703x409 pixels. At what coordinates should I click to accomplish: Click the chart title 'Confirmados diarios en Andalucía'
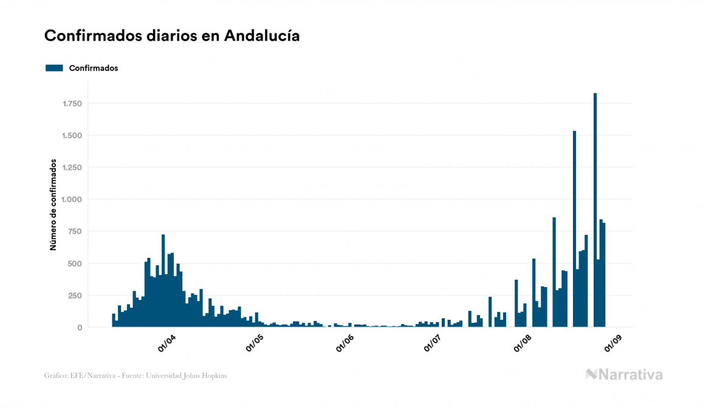[x=172, y=36]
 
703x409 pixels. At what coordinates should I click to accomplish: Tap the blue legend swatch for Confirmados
[x=54, y=68]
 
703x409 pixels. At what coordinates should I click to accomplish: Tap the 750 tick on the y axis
[x=74, y=231]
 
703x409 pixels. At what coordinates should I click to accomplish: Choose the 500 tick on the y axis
[x=74, y=263]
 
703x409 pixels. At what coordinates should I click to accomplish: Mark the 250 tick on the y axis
[x=74, y=296]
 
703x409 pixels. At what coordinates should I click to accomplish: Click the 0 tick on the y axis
[x=79, y=328]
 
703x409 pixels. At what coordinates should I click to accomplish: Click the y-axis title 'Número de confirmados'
[x=53, y=205]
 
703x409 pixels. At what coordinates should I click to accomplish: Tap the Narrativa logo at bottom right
[x=624, y=374]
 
